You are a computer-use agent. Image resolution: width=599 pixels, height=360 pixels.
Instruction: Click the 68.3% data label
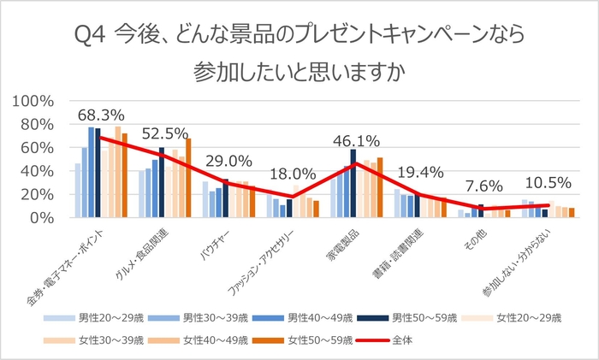(102, 115)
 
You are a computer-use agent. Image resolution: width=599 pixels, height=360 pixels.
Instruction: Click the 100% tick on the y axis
(33, 101)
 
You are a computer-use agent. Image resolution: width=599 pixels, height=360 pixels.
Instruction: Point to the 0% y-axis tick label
(43, 218)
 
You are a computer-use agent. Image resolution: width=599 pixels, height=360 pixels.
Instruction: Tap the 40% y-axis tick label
(38, 171)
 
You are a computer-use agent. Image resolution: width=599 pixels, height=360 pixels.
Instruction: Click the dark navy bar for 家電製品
(353, 183)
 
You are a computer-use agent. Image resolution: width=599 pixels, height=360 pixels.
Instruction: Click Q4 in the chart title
(92, 36)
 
